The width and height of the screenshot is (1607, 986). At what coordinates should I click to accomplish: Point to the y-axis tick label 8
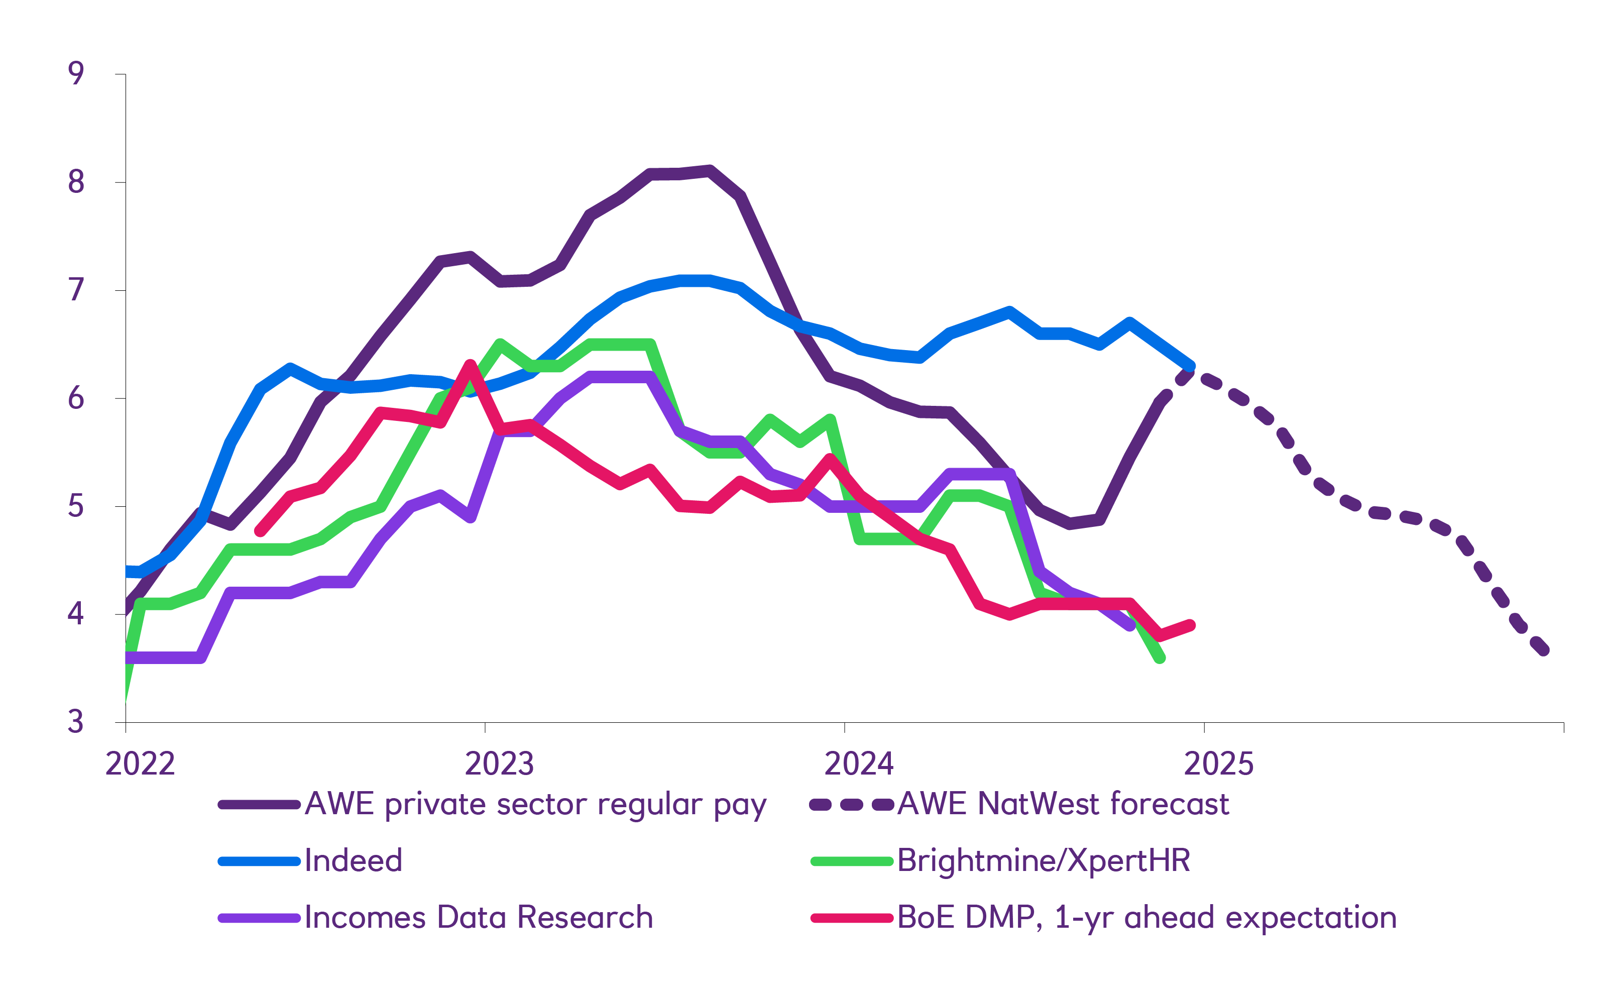tap(76, 181)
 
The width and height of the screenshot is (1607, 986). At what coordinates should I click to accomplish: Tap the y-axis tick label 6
tap(76, 398)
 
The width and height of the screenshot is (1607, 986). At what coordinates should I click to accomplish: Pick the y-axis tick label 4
tap(76, 614)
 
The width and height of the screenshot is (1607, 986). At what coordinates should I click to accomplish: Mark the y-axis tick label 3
tap(76, 722)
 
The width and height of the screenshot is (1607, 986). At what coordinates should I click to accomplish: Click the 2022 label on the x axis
tap(140, 763)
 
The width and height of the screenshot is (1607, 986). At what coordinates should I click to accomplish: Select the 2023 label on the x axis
tap(499, 763)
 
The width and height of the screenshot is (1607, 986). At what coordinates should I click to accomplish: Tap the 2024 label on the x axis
tap(858, 763)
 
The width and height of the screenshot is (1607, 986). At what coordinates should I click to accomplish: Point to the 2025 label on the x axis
tap(1218, 763)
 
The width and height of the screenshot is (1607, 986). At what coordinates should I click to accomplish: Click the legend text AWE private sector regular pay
tap(535, 804)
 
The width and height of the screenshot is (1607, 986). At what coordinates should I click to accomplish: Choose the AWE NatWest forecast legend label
tap(1063, 804)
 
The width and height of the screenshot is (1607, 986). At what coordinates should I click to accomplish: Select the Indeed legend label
tap(353, 861)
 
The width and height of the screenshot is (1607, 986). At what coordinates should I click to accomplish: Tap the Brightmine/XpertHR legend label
tap(1044, 861)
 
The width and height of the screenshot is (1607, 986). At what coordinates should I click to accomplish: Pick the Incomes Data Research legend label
tap(479, 918)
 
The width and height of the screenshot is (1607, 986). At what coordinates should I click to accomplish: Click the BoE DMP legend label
tap(1146, 918)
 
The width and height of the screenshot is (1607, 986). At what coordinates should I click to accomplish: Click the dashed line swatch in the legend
tap(851, 805)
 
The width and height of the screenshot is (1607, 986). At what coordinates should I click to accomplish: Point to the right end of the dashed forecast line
tap(1544, 650)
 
